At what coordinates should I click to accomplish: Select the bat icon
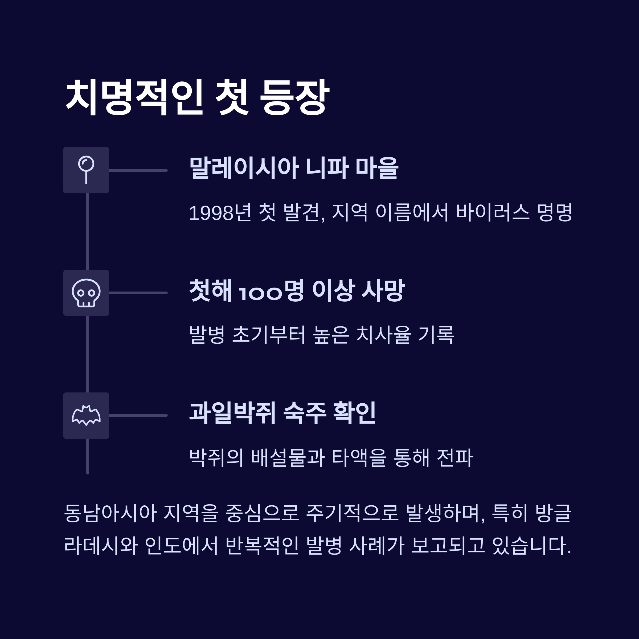click(x=86, y=415)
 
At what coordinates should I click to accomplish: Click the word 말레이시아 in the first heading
click(x=244, y=168)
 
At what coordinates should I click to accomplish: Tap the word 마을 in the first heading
click(x=377, y=168)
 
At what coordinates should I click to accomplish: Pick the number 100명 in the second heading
click(x=271, y=291)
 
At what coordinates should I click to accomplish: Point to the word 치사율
click(x=383, y=335)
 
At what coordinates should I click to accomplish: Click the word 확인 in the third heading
click(x=354, y=413)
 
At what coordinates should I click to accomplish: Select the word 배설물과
click(x=288, y=458)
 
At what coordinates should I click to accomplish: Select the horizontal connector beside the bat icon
click(x=138, y=415)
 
